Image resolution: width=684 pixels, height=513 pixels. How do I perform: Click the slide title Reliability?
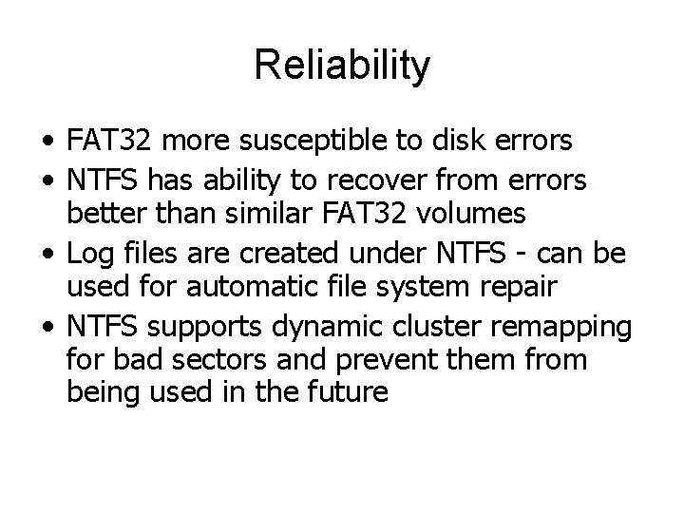coord(342,66)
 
